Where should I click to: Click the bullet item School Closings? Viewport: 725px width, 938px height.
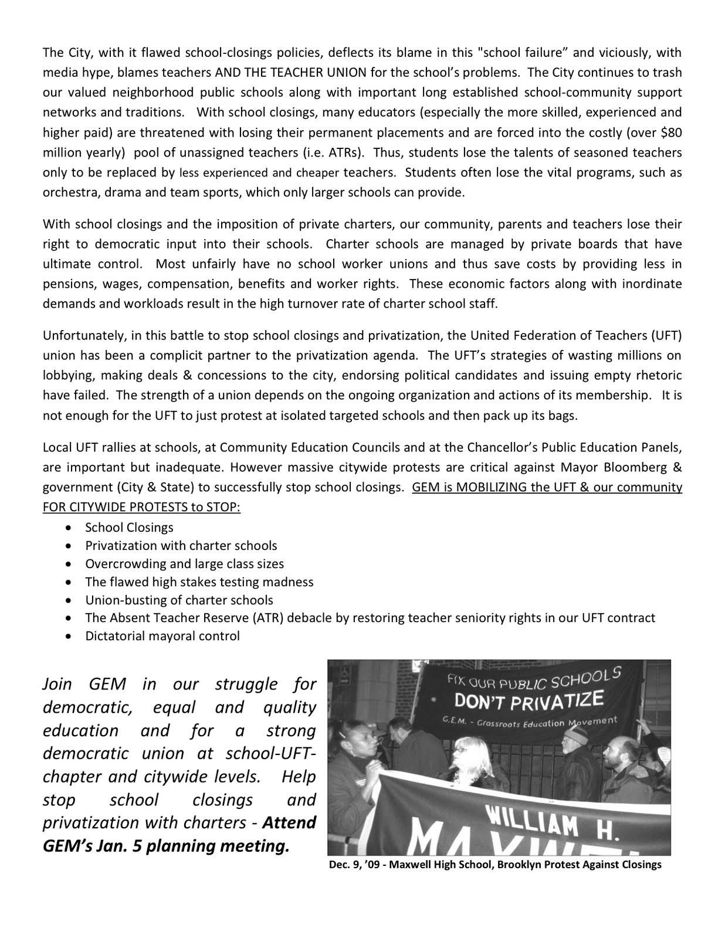point(129,527)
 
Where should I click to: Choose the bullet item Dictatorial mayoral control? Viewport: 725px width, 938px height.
point(162,636)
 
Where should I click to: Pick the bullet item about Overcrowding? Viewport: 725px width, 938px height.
point(184,563)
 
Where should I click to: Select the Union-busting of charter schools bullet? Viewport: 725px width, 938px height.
point(179,600)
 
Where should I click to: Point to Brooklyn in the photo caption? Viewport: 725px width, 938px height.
point(521,865)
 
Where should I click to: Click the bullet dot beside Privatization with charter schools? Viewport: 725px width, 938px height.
point(70,546)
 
